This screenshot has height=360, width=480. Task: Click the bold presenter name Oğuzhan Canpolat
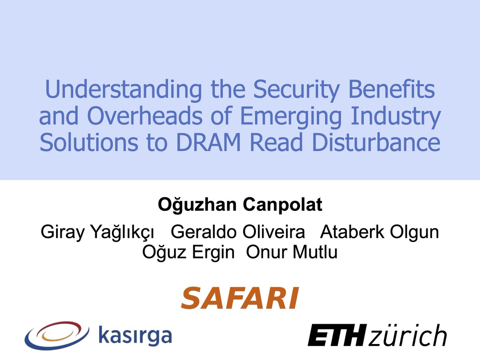240,205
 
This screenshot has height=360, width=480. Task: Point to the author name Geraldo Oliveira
238,232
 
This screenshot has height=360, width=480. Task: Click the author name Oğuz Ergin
188,252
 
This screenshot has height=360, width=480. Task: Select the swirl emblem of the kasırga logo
56,335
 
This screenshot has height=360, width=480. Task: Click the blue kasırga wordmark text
134,336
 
